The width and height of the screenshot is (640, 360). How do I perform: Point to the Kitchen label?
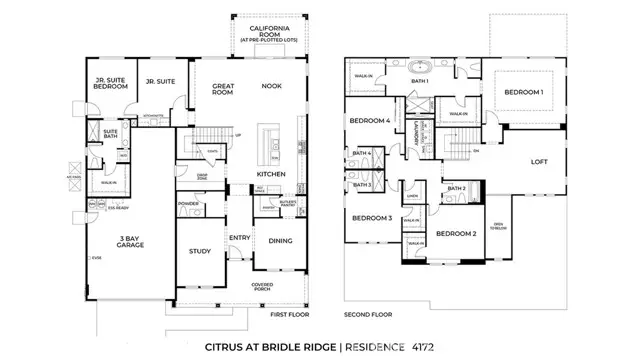[271, 174]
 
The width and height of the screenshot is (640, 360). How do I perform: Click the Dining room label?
[281, 240]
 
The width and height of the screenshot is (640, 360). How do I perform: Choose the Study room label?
[198, 251]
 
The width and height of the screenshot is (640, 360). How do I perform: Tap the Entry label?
[240, 237]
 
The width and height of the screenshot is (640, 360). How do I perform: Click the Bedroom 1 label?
[525, 92]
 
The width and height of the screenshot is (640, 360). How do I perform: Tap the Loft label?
[539, 161]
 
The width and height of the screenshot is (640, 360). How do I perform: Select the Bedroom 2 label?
[456, 233]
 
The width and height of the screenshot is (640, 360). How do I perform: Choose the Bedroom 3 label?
[370, 217]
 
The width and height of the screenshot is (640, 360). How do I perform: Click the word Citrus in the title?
[229, 347]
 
